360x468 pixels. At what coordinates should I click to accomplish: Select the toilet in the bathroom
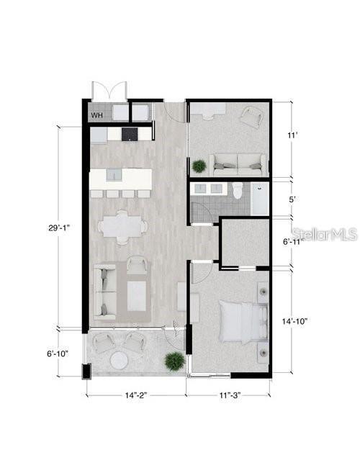(x=239, y=191)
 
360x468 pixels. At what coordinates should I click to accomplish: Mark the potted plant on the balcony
(x=173, y=359)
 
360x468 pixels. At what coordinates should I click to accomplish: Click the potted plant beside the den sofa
(x=199, y=166)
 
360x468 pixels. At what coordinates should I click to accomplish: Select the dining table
(x=120, y=226)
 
